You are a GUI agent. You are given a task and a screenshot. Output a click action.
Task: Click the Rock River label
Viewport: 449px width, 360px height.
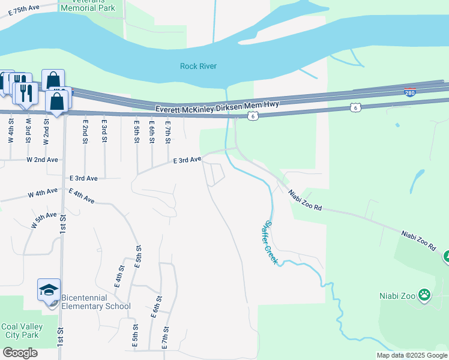coord(198,66)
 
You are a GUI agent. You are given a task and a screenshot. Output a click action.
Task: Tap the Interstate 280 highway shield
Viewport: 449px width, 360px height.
coord(410,92)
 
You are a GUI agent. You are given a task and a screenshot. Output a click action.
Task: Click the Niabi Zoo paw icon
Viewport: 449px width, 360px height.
coord(424,295)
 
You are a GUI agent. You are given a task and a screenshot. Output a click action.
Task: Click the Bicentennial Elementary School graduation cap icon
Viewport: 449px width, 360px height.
coord(49,290)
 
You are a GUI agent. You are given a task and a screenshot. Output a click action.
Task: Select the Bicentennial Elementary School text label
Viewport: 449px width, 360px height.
coord(96,302)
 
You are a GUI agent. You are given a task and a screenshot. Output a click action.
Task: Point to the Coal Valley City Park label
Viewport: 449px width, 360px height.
coord(21,331)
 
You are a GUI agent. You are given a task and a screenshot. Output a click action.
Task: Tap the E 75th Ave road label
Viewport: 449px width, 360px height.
coord(19,11)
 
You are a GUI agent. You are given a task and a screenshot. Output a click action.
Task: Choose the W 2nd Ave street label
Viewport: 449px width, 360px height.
coord(42,160)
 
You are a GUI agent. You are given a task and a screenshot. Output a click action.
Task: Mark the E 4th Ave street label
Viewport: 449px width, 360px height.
coord(82,196)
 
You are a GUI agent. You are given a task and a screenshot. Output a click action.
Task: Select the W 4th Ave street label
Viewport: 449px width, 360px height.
coord(43,193)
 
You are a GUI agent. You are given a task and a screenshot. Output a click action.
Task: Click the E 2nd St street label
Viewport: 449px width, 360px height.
coord(86,130)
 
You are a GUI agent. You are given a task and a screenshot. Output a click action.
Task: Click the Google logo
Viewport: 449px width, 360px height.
coord(20,353)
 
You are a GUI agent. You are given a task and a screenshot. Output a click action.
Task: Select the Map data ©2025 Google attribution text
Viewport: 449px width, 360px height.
coord(411,355)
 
